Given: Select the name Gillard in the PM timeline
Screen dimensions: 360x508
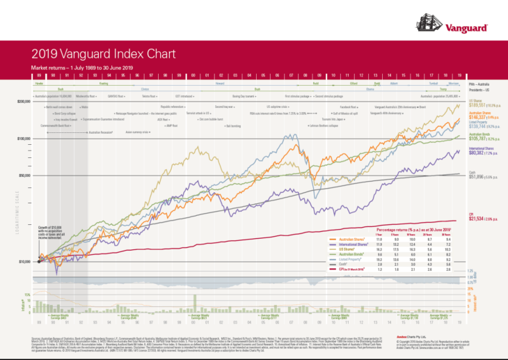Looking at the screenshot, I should (x=353, y=83).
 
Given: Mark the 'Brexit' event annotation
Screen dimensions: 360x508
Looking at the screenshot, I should (x=422, y=107).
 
